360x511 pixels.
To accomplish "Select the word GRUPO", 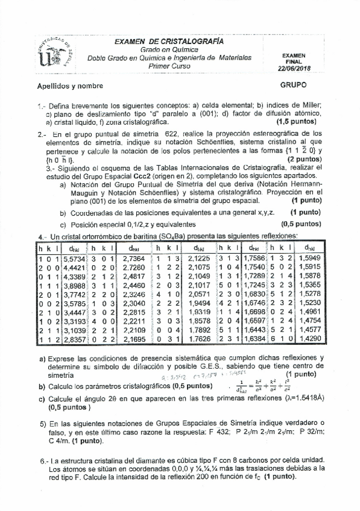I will pyautogui.click(x=294, y=86).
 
